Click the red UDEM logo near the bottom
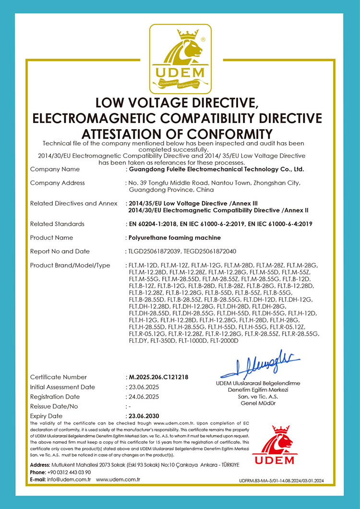click(275, 446)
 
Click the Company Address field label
click(57, 183)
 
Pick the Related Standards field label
click(57, 224)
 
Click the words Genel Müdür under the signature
click(258, 403)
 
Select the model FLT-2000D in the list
click(222, 340)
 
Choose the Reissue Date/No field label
click(54, 406)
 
